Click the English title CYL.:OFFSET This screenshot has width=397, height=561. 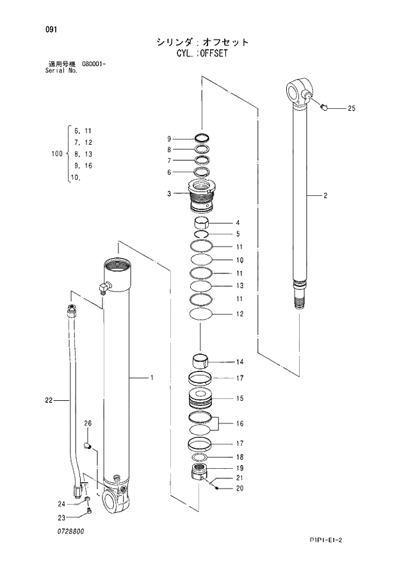[x=202, y=54]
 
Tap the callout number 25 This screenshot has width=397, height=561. [x=351, y=109]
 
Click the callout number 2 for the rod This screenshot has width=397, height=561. [x=325, y=196]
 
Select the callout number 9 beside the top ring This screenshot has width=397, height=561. [x=169, y=139]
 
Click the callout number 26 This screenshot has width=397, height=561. [x=88, y=423]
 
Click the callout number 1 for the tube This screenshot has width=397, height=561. [x=152, y=378]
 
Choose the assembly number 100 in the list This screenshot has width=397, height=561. [x=56, y=154]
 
